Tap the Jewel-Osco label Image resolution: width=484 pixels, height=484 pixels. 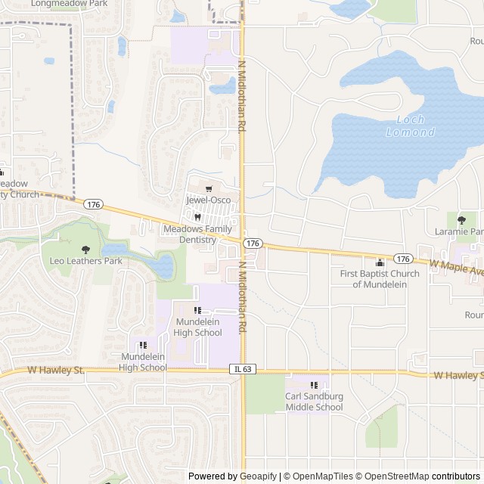pos(208,200)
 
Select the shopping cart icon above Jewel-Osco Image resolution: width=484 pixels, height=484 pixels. pos(209,189)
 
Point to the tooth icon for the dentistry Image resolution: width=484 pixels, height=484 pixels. pos(197,217)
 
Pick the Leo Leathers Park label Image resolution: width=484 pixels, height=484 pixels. pos(85,261)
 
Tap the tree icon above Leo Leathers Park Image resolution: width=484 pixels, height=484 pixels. pos(85,249)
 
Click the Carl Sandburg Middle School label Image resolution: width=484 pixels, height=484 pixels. pos(314,402)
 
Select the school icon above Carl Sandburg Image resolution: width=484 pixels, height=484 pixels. pos(314,386)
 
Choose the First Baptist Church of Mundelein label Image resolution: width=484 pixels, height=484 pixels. pos(380,278)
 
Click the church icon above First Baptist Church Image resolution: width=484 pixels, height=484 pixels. pos(380,262)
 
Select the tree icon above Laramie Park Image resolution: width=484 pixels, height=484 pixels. pos(462,219)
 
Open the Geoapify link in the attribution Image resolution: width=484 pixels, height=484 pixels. pos(259,476)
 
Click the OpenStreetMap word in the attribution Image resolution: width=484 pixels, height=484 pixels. pos(399,476)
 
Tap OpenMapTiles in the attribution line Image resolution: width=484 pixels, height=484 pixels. pos(321,476)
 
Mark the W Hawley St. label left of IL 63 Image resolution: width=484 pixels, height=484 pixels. pos(56,371)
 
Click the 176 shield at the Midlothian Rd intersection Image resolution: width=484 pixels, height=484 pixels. pos(253,244)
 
